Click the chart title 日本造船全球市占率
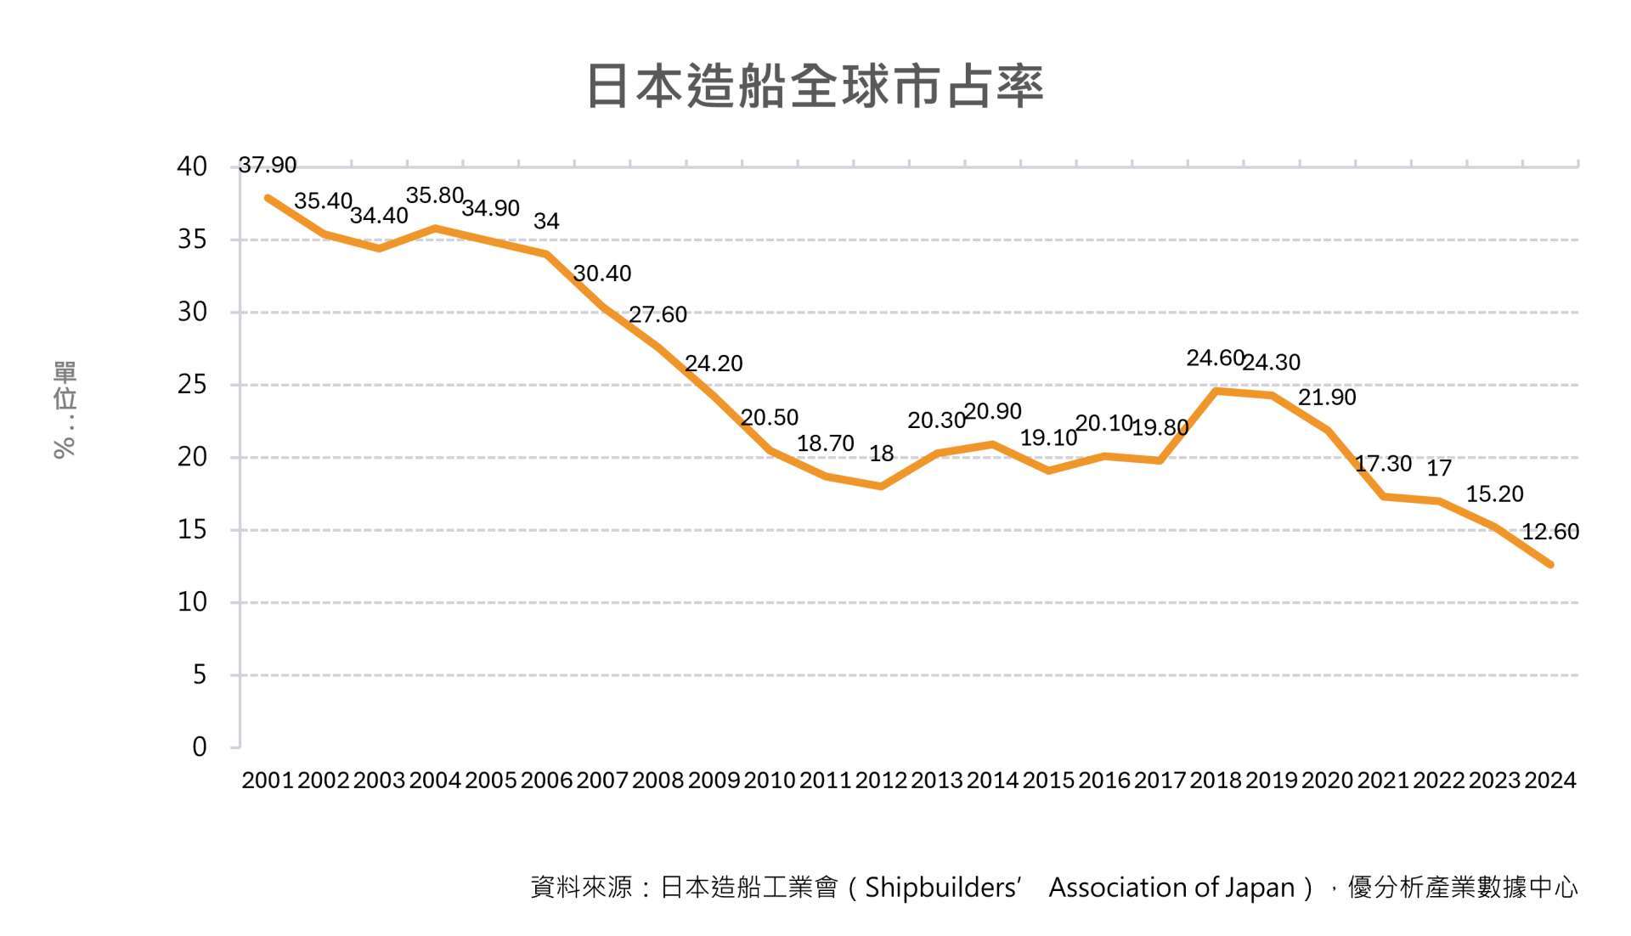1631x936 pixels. point(815,86)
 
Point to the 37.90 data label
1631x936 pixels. point(267,165)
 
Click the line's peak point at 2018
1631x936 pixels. point(1216,391)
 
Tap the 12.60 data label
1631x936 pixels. point(1549,532)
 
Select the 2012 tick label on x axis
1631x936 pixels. point(881,780)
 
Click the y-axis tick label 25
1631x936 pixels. point(192,385)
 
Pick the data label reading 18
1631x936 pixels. point(881,454)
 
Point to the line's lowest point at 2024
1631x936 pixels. point(1550,564)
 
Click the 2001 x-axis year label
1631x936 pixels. point(268,780)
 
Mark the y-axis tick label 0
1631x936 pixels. point(200,747)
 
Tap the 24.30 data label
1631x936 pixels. point(1271,363)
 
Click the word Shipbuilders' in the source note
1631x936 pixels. point(941,888)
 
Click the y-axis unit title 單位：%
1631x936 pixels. point(65,409)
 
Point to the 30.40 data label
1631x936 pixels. point(601,273)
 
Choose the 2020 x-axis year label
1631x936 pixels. point(1327,780)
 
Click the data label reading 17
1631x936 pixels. point(1438,468)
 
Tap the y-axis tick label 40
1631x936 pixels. point(192,166)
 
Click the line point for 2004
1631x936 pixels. point(435,228)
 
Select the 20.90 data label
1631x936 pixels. point(992,412)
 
